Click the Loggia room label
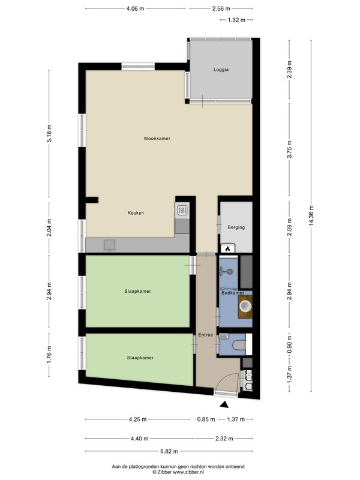pos(221,70)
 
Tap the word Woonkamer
pos(157,139)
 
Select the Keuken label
pos(136,213)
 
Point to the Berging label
pos(236,227)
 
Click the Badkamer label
pos(233,293)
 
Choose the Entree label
pos(205,335)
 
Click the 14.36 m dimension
pos(311,216)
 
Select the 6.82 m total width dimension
pos(169,451)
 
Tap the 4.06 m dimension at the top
pos(136,8)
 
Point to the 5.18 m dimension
pos(49,133)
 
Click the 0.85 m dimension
pos(206,419)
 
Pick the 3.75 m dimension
pos(289,149)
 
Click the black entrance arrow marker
pos(224,404)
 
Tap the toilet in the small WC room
pos(239,345)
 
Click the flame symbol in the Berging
pos(227,249)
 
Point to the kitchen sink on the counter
pos(110,245)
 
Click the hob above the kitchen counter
pos(182,211)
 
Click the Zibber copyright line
pos(178,472)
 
